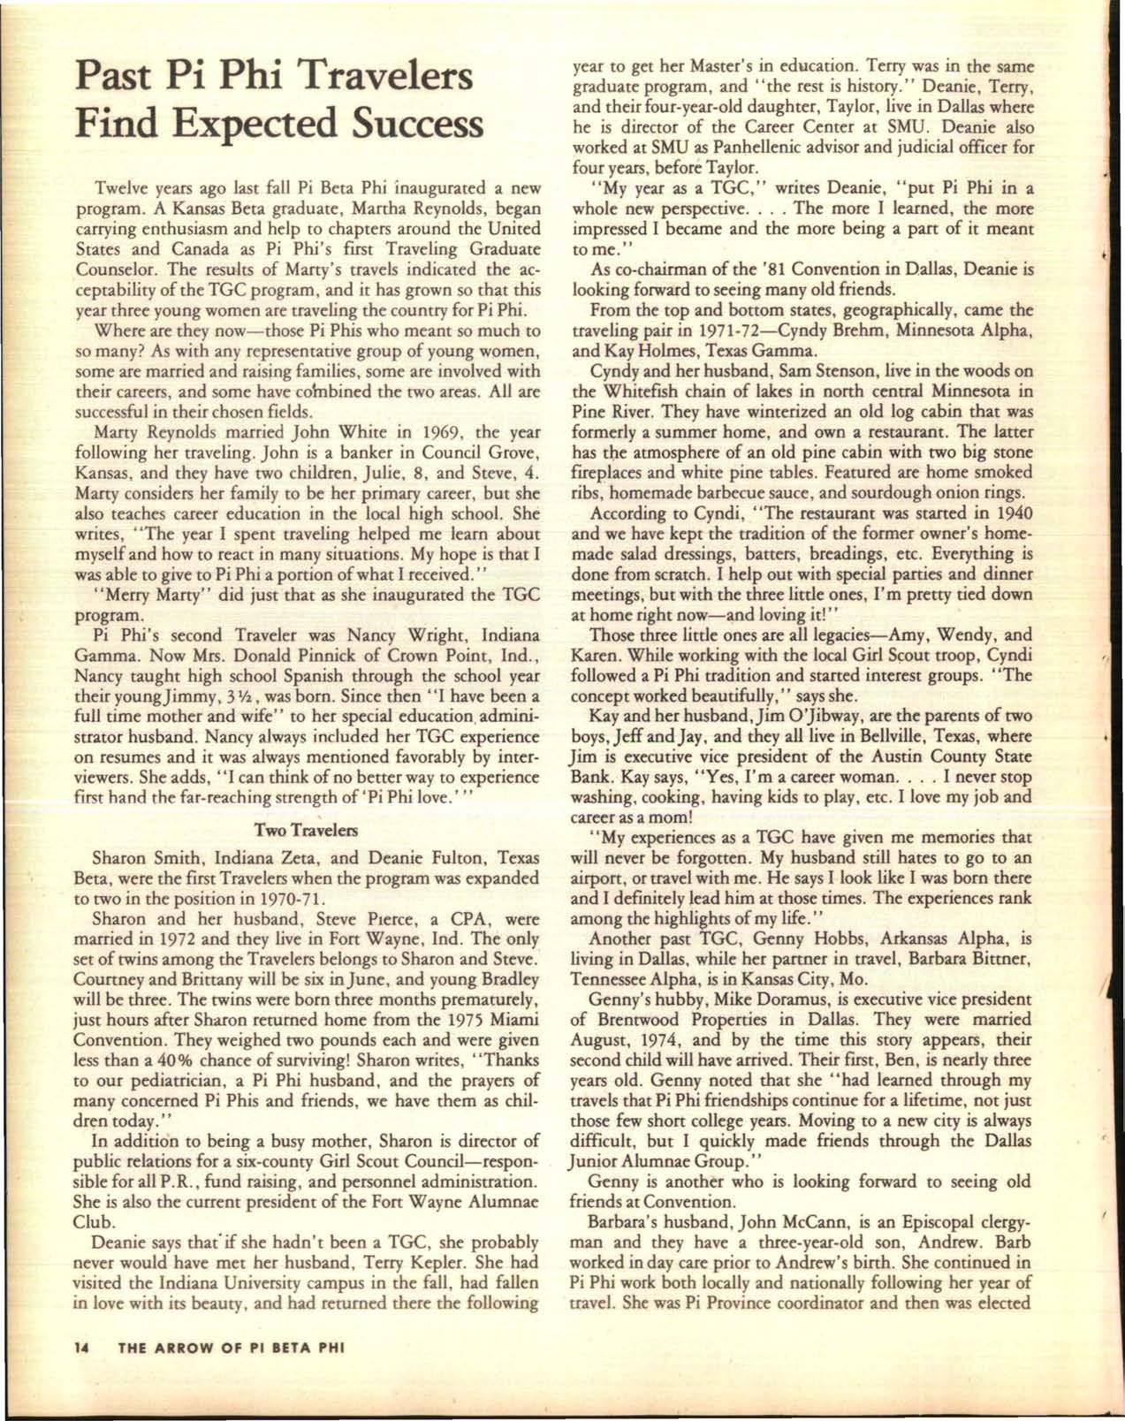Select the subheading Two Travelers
[306, 831]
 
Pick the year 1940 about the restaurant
[1015, 513]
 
